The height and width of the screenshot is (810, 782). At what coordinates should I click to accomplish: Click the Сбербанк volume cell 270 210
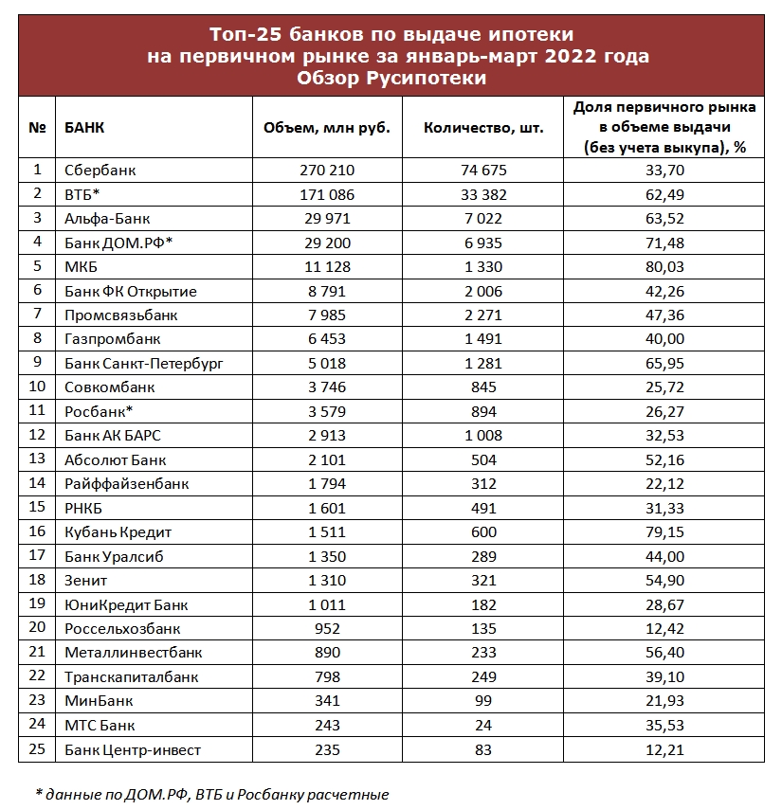tap(319, 171)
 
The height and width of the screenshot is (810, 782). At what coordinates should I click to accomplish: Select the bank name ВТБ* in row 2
tap(82, 194)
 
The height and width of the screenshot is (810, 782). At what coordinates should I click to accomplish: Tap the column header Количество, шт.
tap(483, 128)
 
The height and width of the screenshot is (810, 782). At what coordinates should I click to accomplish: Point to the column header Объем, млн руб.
tap(319, 128)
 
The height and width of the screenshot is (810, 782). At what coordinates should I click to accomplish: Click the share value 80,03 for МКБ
tap(664, 267)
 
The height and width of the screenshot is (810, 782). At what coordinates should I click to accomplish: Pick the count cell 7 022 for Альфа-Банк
tap(483, 219)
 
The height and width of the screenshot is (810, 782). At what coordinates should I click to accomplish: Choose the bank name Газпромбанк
tap(112, 339)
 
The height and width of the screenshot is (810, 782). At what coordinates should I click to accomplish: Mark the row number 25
tap(38, 750)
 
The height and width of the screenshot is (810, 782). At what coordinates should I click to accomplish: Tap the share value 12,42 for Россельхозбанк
tap(664, 629)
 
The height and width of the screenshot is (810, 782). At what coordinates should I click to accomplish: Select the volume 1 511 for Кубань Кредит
tap(319, 532)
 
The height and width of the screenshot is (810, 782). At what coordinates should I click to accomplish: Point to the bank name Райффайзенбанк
tap(126, 484)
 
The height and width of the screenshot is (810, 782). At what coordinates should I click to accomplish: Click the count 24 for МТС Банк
tap(483, 726)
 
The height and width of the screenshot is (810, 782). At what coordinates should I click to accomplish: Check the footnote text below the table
tap(212, 794)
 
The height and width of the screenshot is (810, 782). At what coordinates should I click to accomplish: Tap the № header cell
tap(38, 127)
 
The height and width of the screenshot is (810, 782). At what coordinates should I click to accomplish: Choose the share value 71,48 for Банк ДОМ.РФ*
tap(664, 243)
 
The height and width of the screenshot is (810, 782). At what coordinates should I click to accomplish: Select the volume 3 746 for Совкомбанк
tap(319, 387)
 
